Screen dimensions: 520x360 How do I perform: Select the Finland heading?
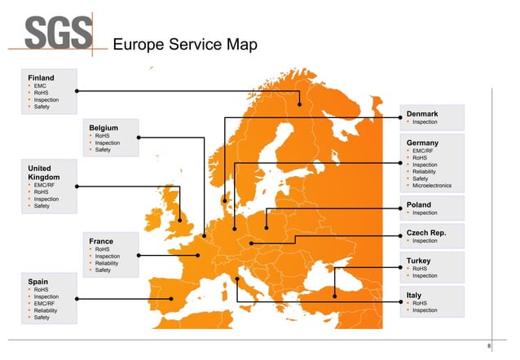[41, 77]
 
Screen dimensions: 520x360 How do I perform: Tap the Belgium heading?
[104, 127]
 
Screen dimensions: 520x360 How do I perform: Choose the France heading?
[102, 241]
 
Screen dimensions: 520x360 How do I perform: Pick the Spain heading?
[38, 281]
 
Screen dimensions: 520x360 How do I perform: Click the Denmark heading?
[422, 113]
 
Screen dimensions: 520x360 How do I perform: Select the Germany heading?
[423, 143]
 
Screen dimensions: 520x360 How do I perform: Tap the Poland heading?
[419, 204]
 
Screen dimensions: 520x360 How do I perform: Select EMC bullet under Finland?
[40, 86]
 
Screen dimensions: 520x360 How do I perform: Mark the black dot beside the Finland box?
[77, 90]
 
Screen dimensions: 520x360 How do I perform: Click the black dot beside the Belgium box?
[139, 137]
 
